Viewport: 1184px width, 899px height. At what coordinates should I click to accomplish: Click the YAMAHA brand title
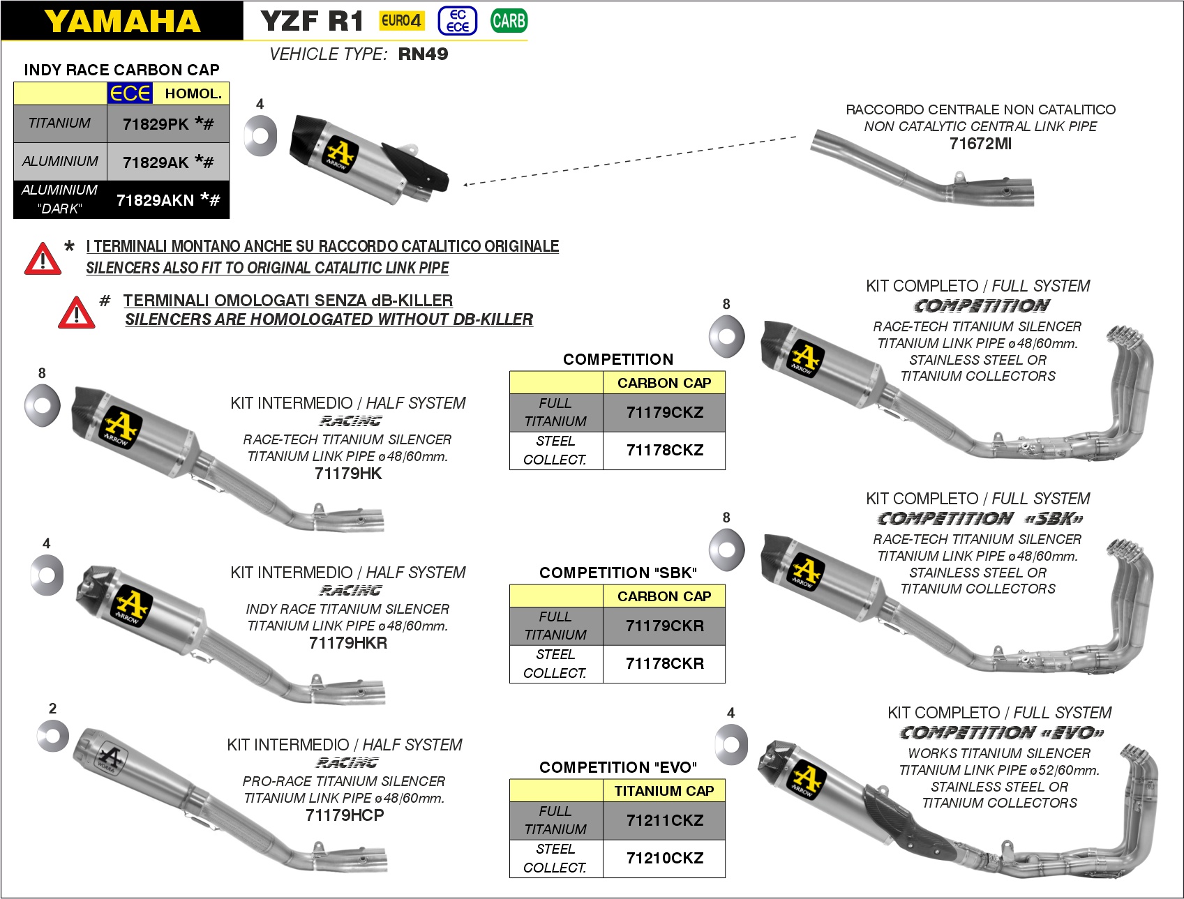[x=122, y=21]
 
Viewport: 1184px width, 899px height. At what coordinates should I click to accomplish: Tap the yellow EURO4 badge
[x=401, y=21]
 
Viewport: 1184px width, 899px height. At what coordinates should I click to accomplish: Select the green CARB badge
[x=509, y=21]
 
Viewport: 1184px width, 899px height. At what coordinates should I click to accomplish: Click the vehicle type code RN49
[x=423, y=54]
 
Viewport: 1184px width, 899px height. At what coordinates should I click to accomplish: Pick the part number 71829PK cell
[x=167, y=124]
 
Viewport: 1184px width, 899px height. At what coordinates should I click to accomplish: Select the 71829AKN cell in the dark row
[x=167, y=200]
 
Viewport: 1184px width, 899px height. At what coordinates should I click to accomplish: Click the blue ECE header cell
[x=130, y=93]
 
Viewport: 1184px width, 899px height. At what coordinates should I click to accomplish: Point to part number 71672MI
[x=980, y=144]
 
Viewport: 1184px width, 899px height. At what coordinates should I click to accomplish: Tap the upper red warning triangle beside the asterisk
[x=43, y=259]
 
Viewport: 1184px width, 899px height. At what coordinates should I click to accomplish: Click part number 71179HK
[x=348, y=474]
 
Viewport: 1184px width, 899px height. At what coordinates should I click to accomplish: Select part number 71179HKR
[x=348, y=643]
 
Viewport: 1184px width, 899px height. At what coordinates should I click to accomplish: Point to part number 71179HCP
[x=345, y=815]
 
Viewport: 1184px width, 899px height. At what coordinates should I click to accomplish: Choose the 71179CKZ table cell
[x=664, y=412]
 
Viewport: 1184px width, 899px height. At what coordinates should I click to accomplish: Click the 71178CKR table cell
[x=664, y=663]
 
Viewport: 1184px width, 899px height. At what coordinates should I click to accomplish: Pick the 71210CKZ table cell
[x=664, y=858]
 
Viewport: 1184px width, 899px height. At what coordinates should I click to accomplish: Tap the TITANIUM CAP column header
[x=664, y=791]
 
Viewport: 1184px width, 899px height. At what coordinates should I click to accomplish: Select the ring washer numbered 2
[x=53, y=736]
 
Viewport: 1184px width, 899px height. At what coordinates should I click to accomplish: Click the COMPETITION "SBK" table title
[x=618, y=573]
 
